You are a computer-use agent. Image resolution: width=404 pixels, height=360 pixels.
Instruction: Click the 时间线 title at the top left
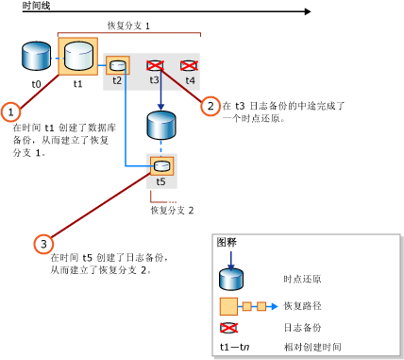[x=20, y=6]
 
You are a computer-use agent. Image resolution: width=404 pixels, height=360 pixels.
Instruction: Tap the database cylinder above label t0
[x=36, y=58]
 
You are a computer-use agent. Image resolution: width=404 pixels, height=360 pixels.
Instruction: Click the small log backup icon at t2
[x=117, y=66]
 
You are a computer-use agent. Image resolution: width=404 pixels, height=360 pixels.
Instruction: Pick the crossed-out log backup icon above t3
[x=156, y=65]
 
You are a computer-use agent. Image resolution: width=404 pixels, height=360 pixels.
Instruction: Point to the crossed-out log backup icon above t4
[x=190, y=65]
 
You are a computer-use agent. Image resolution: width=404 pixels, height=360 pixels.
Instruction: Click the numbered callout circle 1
[x=11, y=111]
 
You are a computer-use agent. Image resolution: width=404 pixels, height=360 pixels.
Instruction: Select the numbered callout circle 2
[x=211, y=106]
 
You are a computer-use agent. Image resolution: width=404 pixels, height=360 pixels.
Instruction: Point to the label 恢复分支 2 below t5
[x=172, y=210]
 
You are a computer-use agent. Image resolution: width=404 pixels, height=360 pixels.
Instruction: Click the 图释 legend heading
[x=227, y=242]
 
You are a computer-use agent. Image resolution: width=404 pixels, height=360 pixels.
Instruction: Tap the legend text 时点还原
[x=302, y=279]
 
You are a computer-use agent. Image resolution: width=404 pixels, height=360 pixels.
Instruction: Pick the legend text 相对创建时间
[x=311, y=347]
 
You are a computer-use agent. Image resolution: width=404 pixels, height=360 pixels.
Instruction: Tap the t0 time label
[x=36, y=84]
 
